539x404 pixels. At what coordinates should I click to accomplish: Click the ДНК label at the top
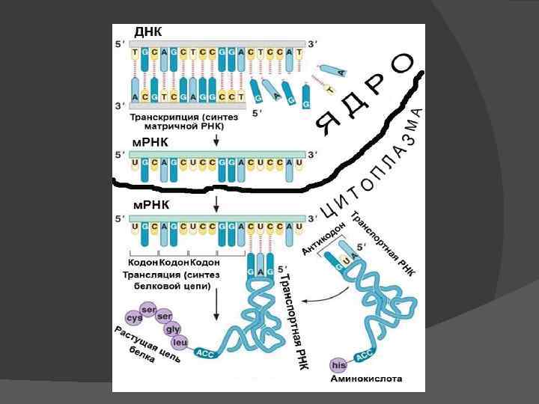point(147,32)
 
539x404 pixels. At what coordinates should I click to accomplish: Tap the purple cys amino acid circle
point(134,317)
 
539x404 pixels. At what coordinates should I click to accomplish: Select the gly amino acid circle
point(173,329)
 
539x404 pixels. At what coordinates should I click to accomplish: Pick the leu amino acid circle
point(180,342)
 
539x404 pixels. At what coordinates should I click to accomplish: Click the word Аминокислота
point(367,379)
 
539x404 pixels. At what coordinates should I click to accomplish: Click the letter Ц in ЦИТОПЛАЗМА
point(326,212)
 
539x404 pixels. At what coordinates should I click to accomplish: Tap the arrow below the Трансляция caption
point(216,299)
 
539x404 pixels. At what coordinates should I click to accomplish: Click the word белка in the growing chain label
point(141,356)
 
